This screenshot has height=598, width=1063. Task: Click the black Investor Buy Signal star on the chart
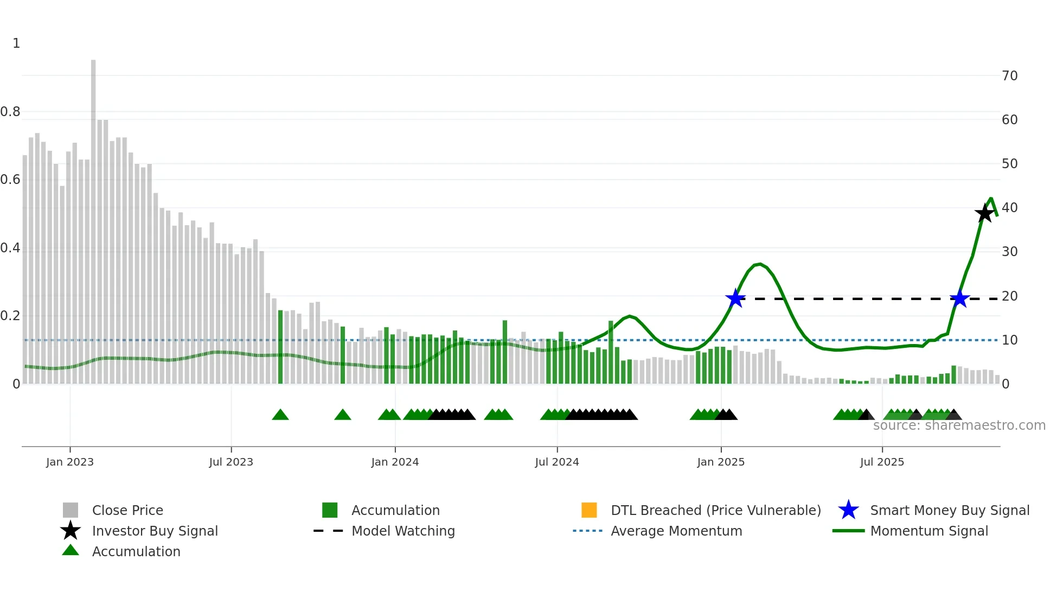pyautogui.click(x=984, y=213)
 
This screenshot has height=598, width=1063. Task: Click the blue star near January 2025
pyautogui.click(x=735, y=298)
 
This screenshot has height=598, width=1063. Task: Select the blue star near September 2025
pyautogui.click(x=959, y=298)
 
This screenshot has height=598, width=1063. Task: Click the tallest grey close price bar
pyautogui.click(x=93, y=217)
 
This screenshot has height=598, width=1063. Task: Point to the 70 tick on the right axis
pyautogui.click(x=1009, y=76)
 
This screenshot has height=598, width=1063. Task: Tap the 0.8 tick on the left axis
pyautogui.click(x=10, y=112)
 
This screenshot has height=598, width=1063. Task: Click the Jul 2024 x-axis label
pyautogui.click(x=557, y=462)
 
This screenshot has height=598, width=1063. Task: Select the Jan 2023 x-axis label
pyautogui.click(x=70, y=462)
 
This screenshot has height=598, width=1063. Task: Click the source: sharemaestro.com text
pyautogui.click(x=959, y=425)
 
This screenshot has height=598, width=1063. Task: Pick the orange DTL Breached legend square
pyautogui.click(x=589, y=510)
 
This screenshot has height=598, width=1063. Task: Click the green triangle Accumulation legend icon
pyautogui.click(x=71, y=551)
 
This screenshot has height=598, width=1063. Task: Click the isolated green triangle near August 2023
pyautogui.click(x=280, y=415)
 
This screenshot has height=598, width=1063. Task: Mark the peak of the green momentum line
pyautogui.click(x=991, y=199)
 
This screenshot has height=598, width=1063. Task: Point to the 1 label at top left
pyautogui.click(x=16, y=43)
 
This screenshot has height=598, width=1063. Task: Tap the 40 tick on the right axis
pyautogui.click(x=1009, y=208)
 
